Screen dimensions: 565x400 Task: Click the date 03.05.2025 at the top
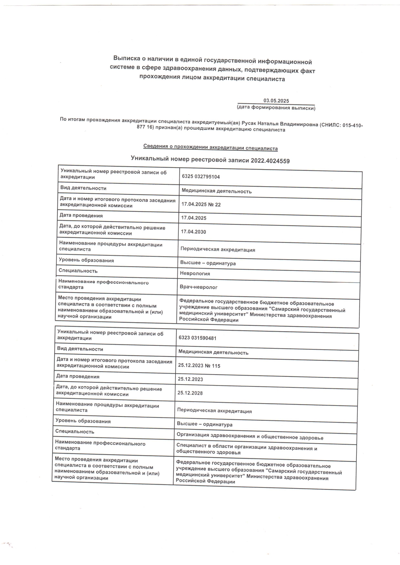click(276, 101)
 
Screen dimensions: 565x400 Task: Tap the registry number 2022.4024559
click(270, 161)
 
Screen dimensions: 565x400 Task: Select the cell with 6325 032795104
click(201, 177)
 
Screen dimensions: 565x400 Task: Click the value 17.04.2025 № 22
click(201, 204)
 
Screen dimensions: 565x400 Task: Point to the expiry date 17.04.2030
click(194, 232)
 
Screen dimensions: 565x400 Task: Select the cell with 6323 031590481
click(197, 338)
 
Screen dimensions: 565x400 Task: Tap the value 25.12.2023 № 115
click(199, 366)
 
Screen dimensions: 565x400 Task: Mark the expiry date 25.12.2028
click(190, 393)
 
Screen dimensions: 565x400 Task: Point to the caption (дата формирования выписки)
click(276, 108)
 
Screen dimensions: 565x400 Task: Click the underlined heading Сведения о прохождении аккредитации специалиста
click(210, 148)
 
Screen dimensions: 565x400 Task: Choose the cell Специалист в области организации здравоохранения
click(246, 450)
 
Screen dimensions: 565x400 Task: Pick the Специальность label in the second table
click(75, 432)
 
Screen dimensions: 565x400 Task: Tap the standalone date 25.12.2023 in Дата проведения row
click(190, 379)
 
